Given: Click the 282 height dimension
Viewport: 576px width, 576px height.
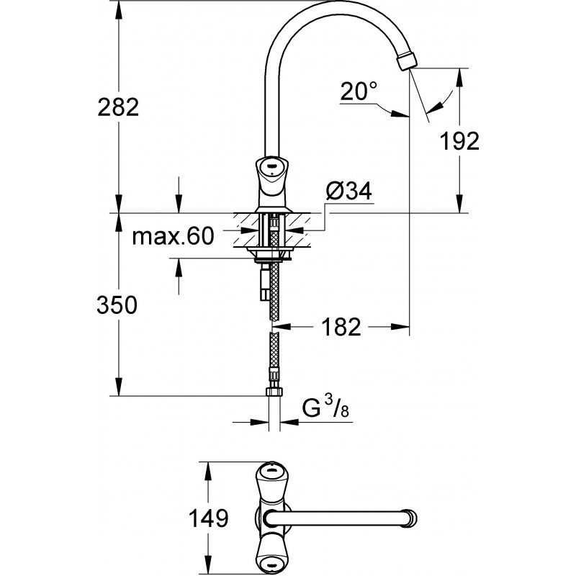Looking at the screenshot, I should pos(118,107).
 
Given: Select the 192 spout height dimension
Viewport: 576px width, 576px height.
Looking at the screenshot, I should pos(461,141).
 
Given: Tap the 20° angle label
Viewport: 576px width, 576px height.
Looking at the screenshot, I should pos(359,91).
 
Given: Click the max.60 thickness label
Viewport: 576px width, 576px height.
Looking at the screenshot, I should pos(174,236).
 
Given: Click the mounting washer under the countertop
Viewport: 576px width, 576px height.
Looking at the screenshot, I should pos(271,252).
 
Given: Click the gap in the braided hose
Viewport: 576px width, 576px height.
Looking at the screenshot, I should pos(273,328).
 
